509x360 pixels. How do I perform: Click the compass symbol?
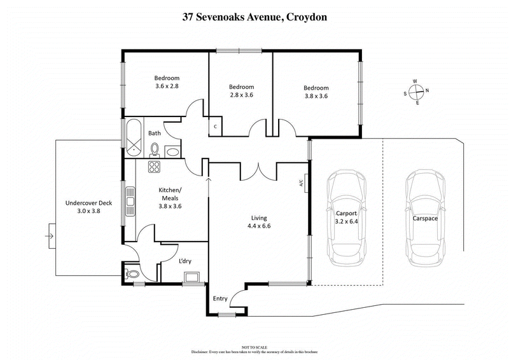(x=415, y=92)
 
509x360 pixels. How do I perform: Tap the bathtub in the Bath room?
(x=134, y=137)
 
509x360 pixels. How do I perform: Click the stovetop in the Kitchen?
(x=154, y=167)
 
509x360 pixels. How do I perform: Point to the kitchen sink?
(x=130, y=202)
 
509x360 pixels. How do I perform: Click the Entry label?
(x=220, y=299)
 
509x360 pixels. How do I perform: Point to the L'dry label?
(x=185, y=260)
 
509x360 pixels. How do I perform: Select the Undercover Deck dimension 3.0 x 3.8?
(x=88, y=211)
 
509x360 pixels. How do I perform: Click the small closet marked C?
(x=216, y=126)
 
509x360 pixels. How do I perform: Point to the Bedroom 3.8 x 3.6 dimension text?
(x=316, y=96)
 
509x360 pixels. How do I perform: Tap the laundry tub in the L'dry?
(x=192, y=275)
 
